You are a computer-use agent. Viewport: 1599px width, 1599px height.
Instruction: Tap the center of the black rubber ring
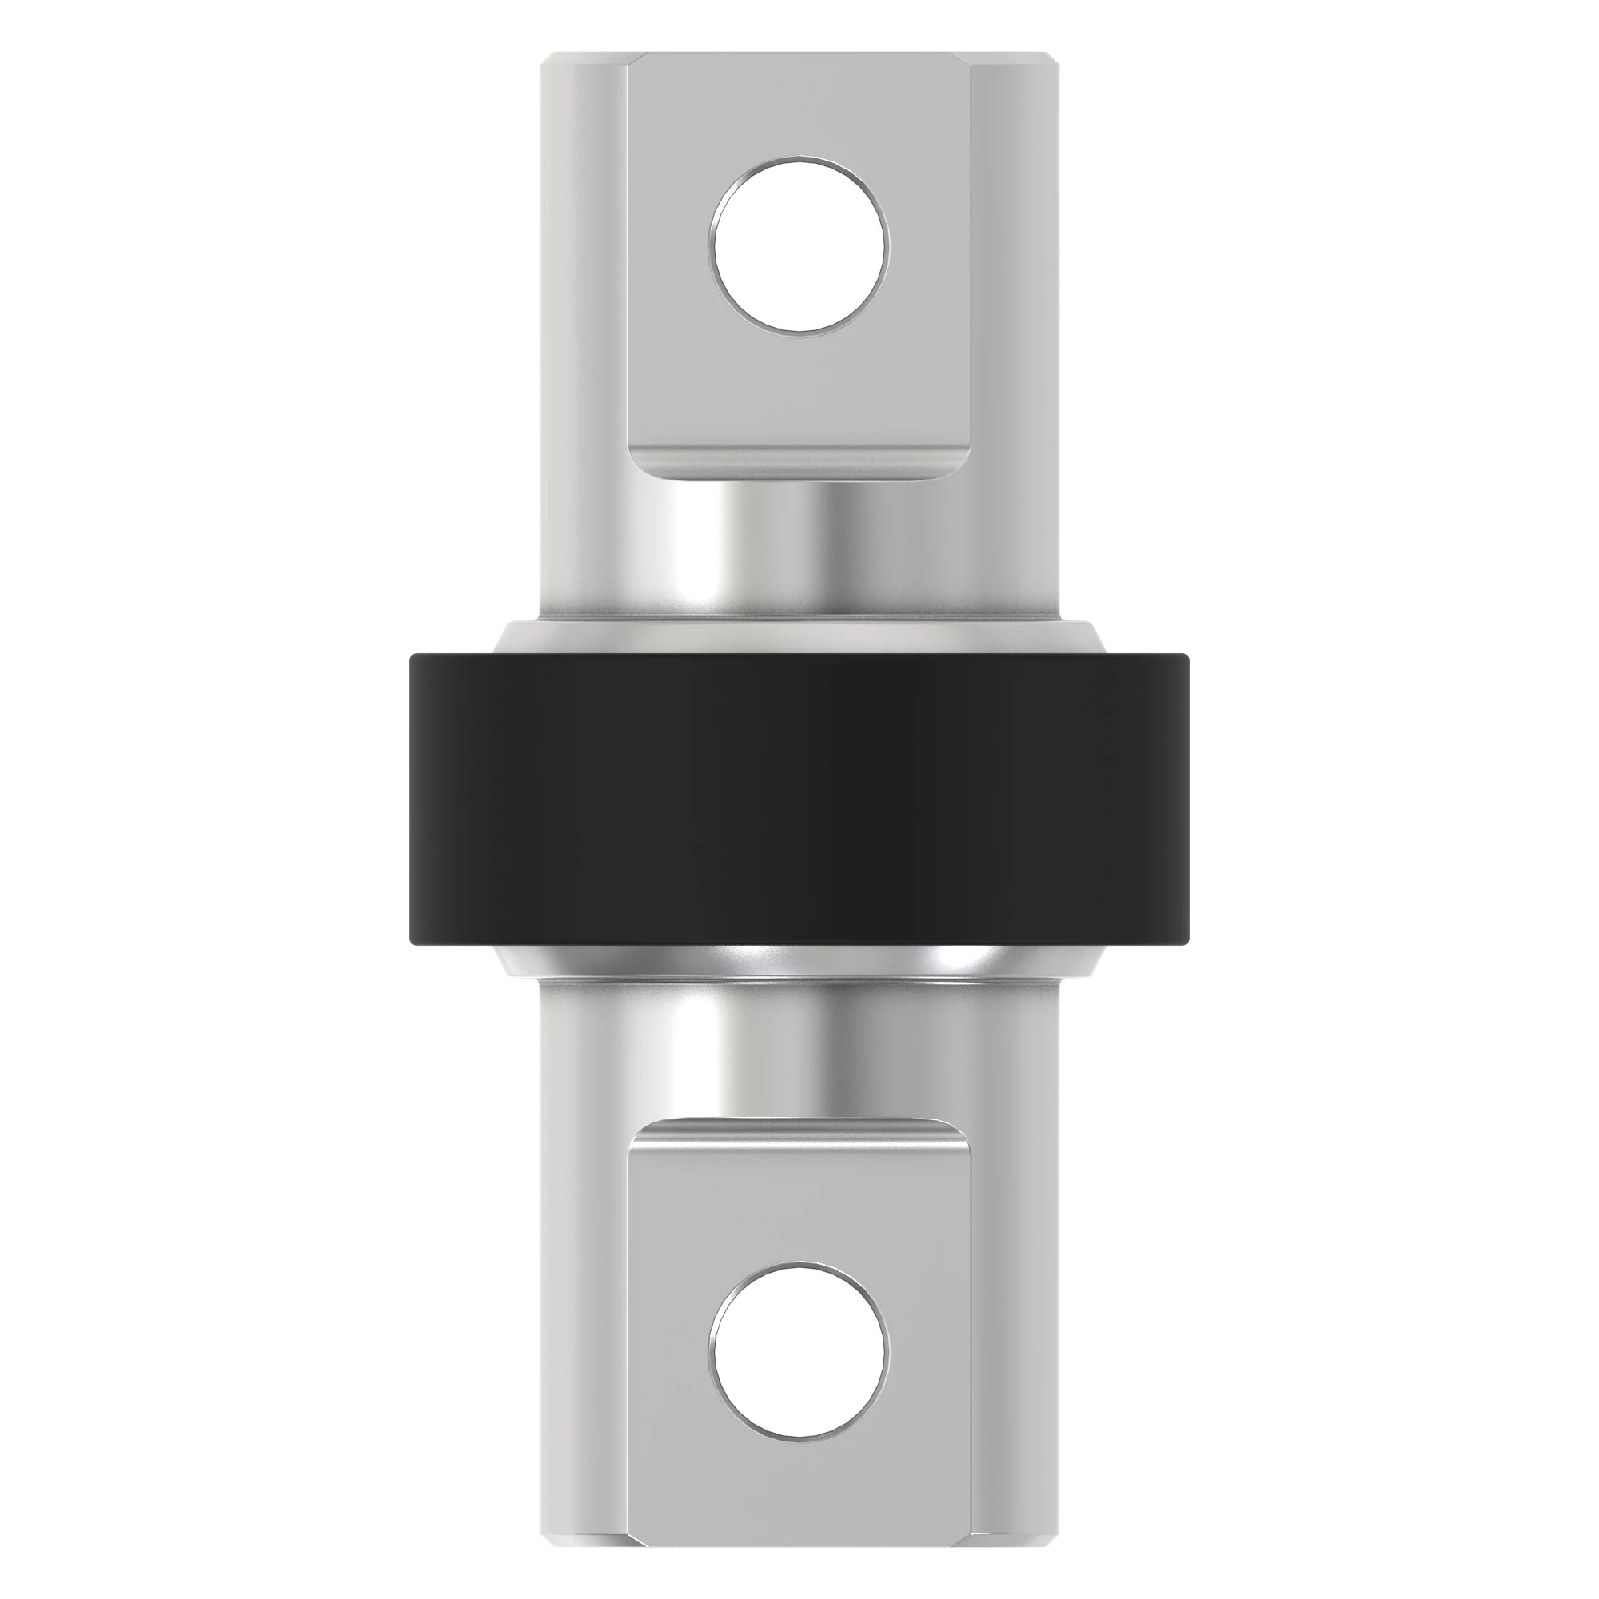tap(799, 799)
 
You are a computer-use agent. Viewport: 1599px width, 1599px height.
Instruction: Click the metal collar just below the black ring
tap(799, 963)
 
